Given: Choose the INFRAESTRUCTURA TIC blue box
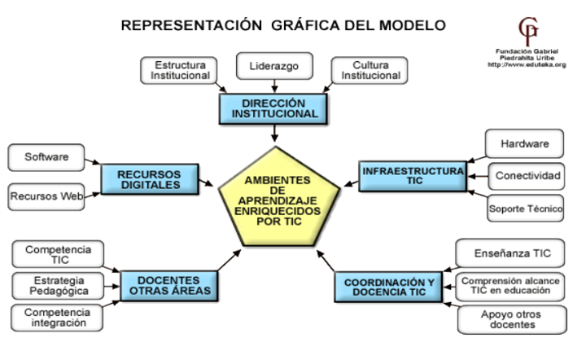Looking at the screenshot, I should [x=413, y=176].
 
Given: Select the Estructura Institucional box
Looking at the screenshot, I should [x=179, y=70].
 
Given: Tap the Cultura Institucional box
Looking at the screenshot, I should [x=370, y=70].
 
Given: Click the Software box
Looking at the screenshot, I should [x=46, y=156].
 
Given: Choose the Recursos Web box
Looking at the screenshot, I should [x=47, y=196].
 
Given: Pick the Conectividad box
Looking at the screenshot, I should [x=528, y=176].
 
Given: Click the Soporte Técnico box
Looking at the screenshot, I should [x=526, y=209].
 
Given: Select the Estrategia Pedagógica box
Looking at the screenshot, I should [x=57, y=285].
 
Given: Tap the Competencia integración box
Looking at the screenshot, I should [x=57, y=318].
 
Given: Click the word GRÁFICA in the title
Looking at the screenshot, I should [x=317, y=25].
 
